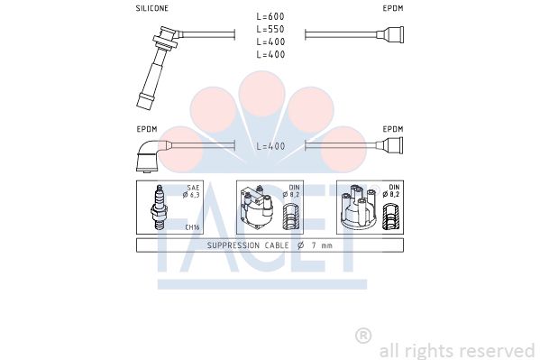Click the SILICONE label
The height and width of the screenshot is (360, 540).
pyautogui.click(x=151, y=8)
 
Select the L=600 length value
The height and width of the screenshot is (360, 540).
pyautogui.click(x=270, y=16)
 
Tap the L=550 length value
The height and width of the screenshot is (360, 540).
pyautogui.click(x=270, y=29)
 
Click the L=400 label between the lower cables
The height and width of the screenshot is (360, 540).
pyautogui.click(x=270, y=146)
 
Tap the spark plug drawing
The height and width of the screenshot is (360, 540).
pyautogui.click(x=159, y=208)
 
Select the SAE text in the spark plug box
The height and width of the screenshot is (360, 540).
pyautogui.click(x=193, y=188)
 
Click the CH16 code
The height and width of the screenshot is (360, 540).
pyautogui.click(x=192, y=227)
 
